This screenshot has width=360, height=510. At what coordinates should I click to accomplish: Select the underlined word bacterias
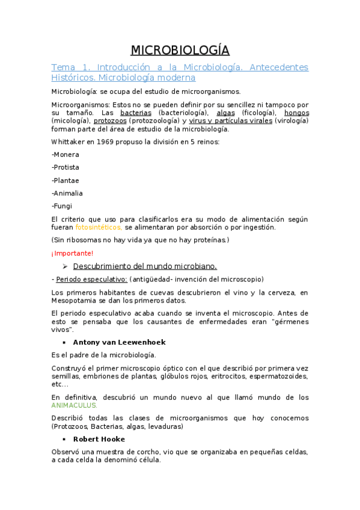coord(136,112)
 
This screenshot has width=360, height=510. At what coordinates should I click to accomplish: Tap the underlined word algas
coord(226,112)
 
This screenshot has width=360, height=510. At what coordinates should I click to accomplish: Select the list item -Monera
coord(66,155)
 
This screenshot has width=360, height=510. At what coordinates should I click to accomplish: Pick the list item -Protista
coord(66,167)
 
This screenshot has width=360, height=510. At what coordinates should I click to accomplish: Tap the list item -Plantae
coord(66,180)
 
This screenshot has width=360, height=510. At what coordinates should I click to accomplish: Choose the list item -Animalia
coord(67,193)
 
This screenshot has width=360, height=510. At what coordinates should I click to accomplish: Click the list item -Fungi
coord(62,206)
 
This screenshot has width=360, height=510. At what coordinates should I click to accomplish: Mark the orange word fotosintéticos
coord(99,227)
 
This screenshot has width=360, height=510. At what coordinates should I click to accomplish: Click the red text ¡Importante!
coord(72,253)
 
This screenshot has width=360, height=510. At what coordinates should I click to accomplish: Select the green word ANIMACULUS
coord(75,405)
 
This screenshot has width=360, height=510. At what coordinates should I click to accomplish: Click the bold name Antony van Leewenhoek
coord(118,342)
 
